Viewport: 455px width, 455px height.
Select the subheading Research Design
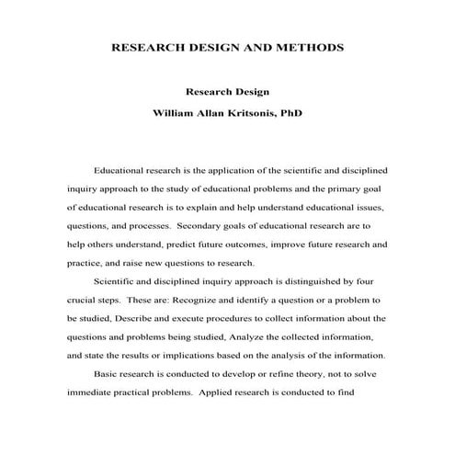(226, 93)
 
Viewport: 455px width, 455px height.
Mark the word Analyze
(245, 336)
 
